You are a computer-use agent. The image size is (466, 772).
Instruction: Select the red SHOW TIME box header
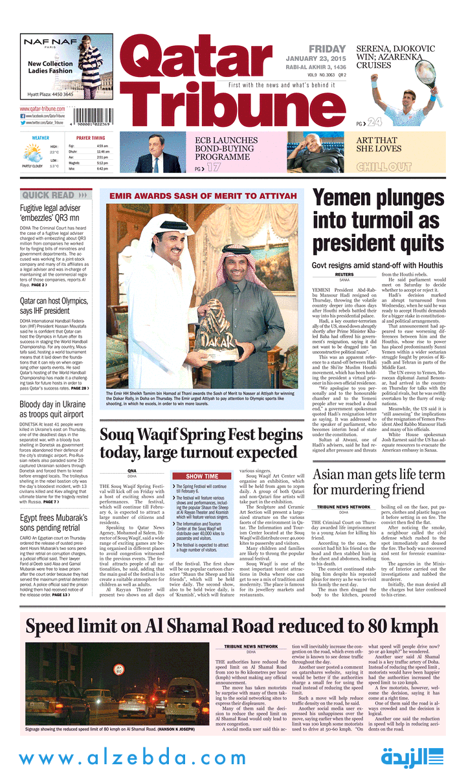coord(202,477)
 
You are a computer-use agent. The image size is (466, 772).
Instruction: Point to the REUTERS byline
coord(344,274)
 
